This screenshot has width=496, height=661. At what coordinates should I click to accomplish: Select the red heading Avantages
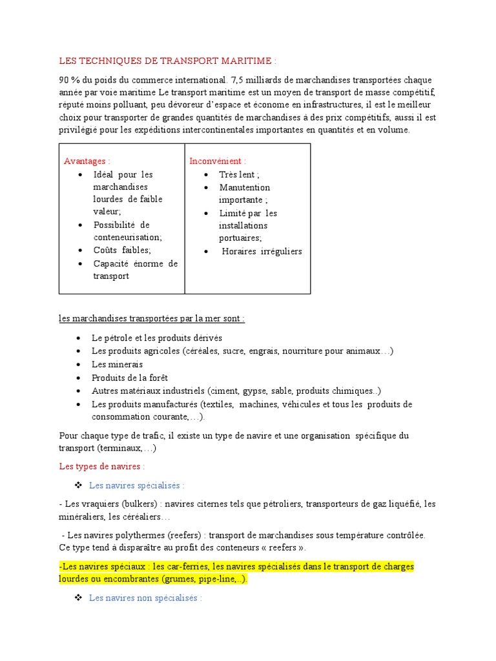click(87, 161)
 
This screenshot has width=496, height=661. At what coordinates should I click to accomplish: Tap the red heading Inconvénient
click(218, 161)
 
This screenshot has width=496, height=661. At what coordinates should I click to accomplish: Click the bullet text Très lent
click(239, 175)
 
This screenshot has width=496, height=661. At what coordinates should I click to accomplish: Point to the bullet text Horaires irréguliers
click(262, 252)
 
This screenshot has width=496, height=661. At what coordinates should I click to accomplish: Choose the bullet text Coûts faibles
click(122, 250)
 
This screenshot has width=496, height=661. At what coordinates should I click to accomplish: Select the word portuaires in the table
click(240, 238)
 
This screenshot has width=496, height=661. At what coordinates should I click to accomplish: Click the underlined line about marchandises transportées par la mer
click(152, 319)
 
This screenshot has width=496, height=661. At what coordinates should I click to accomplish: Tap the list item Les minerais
click(117, 365)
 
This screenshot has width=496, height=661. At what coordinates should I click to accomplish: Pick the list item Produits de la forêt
click(130, 378)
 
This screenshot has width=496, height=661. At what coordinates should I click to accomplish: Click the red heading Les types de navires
click(101, 466)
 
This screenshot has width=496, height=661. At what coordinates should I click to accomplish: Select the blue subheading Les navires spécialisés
click(137, 485)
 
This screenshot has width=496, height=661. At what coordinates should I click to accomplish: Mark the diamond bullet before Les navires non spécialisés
click(78, 598)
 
